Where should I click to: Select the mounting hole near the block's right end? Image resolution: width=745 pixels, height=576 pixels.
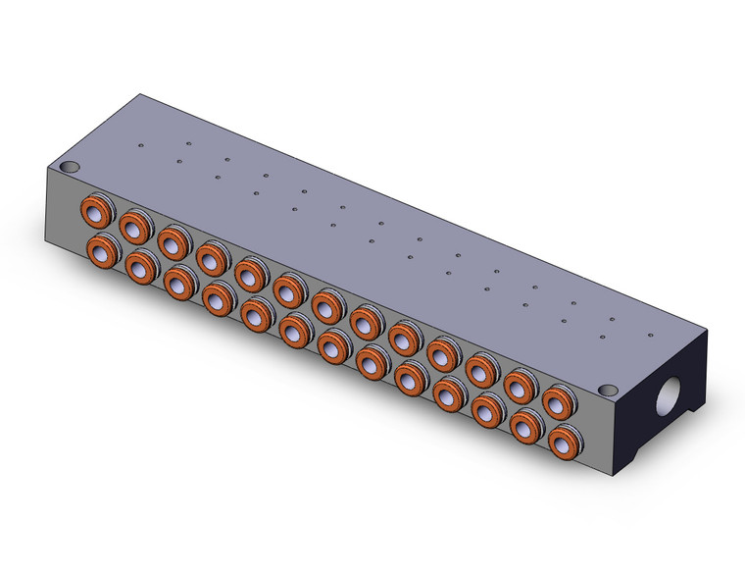tap(606, 390)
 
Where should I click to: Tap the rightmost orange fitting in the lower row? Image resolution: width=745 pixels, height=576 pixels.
tap(562, 441)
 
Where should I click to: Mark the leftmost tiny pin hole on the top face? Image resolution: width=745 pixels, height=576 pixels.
tap(141, 147)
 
